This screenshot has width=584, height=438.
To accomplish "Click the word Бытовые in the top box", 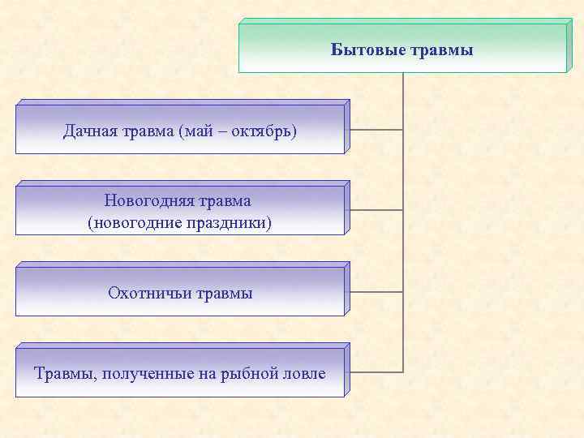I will click(x=362, y=50).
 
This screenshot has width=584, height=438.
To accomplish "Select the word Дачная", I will click(x=89, y=131).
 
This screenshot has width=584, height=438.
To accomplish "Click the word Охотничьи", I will click(x=145, y=293).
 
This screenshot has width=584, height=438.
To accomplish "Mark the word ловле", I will click(x=303, y=374).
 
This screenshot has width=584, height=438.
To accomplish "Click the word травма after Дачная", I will click(x=144, y=131).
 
